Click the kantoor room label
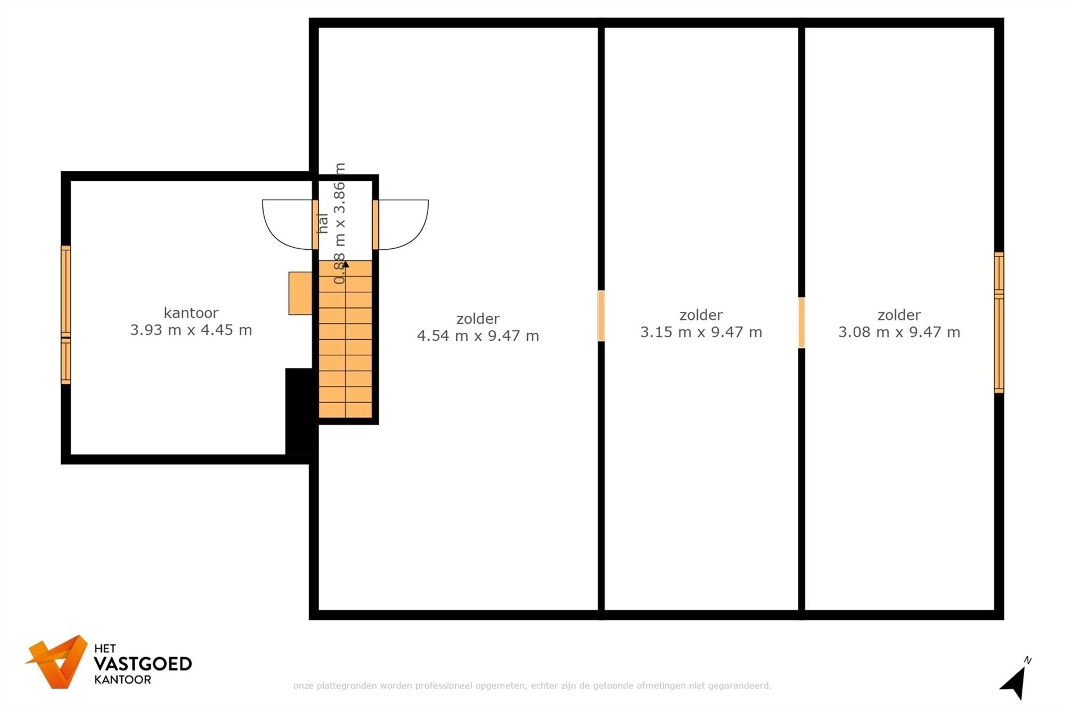tap(191, 313)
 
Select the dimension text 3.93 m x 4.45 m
tap(191, 330)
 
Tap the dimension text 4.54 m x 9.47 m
tap(478, 336)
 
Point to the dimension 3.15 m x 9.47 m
tap(701, 332)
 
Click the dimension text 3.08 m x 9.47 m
tap(899, 332)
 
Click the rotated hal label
tap(323, 223)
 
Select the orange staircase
tap(345, 341)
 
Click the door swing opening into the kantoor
tap(286, 224)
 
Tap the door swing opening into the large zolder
tap(403, 224)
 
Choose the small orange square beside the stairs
tap(300, 293)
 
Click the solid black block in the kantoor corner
tap(299, 411)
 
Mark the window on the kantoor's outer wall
tap(66, 314)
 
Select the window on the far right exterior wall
tap(998, 322)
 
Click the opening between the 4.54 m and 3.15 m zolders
tap(601, 315)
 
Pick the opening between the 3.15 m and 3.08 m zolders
tap(801, 322)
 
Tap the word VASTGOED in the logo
tap(142, 664)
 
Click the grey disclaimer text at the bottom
tap(532, 685)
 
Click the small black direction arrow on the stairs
tap(346, 264)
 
